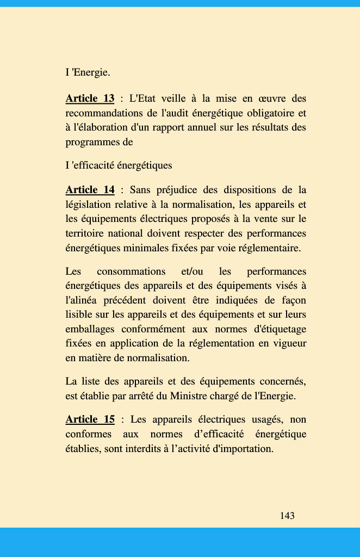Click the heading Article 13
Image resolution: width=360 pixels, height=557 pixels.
[x=90, y=98]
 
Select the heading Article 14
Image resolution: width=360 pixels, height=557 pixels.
[x=90, y=190]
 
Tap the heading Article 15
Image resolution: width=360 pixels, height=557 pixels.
[x=90, y=419]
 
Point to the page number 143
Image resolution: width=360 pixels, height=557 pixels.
[x=287, y=516]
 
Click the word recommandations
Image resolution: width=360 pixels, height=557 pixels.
[x=104, y=113]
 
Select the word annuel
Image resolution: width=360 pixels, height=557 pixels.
[x=214, y=128]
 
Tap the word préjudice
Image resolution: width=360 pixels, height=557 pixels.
[x=176, y=190]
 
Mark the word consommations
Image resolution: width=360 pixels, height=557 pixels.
[x=131, y=271]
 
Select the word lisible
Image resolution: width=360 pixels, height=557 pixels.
[x=79, y=314]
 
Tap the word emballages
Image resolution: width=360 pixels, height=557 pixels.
[x=90, y=329]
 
